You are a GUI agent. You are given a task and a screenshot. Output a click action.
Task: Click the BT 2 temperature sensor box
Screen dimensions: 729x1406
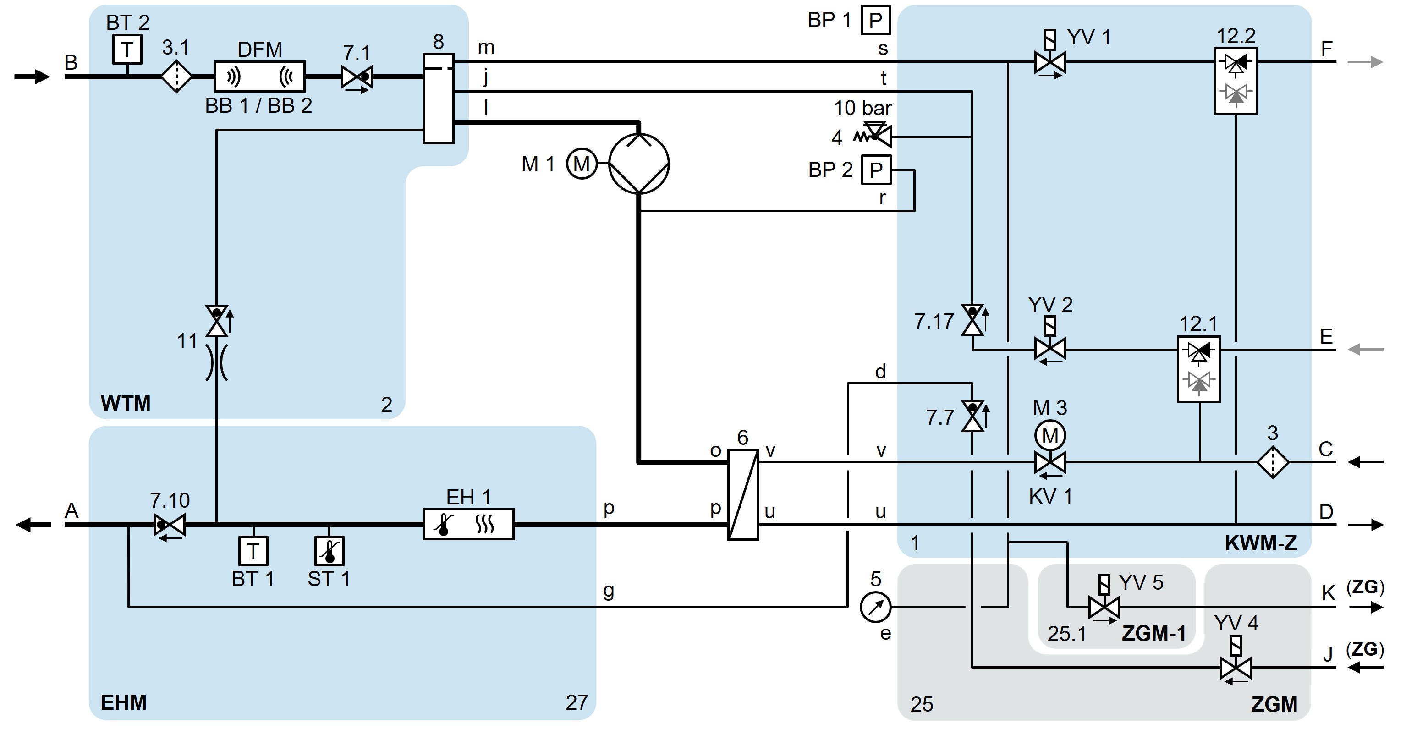click(x=127, y=49)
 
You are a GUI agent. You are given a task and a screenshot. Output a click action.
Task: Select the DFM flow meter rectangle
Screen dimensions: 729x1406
click(x=259, y=77)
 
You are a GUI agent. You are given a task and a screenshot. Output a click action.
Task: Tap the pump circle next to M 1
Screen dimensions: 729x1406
click(x=638, y=163)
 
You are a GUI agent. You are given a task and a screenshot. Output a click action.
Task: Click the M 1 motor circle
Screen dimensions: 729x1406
click(x=581, y=163)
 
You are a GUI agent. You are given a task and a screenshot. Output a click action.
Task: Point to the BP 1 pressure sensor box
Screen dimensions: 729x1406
click(x=875, y=20)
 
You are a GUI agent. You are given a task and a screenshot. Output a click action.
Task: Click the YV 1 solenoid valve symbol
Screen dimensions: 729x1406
click(x=1049, y=62)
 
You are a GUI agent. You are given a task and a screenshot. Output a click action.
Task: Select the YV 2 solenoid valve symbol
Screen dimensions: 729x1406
click(x=1049, y=348)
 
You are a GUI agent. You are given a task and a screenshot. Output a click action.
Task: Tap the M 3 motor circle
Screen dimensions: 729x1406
click(x=1049, y=435)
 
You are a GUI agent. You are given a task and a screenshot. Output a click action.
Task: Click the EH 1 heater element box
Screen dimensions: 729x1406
click(x=468, y=524)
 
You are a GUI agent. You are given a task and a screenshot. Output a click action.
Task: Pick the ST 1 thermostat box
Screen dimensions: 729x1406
click(x=329, y=551)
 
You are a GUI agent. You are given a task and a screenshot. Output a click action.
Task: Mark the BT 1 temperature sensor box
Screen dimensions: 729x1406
click(x=253, y=551)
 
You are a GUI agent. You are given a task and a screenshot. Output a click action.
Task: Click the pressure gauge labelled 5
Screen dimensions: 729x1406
click(x=875, y=607)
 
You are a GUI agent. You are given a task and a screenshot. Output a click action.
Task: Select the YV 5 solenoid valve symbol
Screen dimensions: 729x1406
click(x=1104, y=607)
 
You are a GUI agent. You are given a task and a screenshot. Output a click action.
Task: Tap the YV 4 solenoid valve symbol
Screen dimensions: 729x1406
click(x=1235, y=667)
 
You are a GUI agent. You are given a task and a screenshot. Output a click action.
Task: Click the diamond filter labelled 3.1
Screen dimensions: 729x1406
click(x=176, y=77)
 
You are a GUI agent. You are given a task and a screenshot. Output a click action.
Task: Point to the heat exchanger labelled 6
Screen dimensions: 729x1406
click(x=743, y=494)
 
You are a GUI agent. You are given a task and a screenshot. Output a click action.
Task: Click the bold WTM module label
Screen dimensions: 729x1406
click(x=126, y=403)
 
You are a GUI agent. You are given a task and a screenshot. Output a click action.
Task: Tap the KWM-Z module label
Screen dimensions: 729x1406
click(x=1261, y=543)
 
